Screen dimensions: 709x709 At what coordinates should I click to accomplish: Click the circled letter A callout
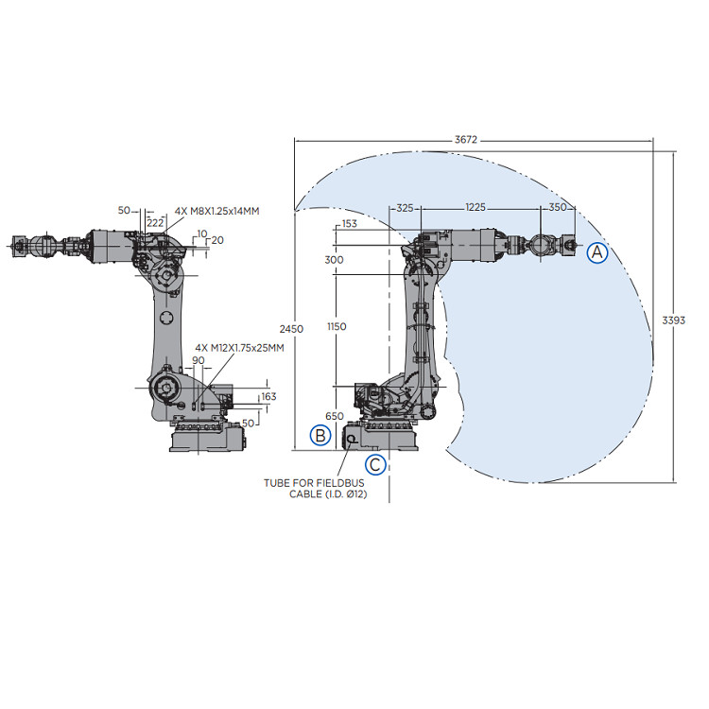(597, 252)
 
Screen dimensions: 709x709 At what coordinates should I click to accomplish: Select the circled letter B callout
(321, 435)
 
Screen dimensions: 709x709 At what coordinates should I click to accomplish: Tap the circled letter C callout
(375, 464)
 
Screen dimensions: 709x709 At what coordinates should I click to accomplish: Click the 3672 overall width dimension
(465, 140)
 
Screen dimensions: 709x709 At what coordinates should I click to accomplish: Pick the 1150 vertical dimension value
(336, 326)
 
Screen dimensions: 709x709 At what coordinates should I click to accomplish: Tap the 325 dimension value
(406, 207)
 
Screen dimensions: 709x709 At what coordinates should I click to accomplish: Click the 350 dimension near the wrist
(557, 207)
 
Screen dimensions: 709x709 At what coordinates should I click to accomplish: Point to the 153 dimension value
(349, 224)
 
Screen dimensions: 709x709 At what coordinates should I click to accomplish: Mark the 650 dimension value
(334, 416)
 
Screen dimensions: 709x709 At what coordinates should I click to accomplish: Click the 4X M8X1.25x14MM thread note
(216, 210)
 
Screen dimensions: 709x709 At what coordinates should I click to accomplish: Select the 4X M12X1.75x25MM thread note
(239, 348)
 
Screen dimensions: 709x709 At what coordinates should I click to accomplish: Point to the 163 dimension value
(268, 397)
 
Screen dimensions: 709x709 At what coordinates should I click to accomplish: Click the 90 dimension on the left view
(199, 360)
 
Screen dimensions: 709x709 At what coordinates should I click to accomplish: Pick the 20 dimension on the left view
(217, 240)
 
